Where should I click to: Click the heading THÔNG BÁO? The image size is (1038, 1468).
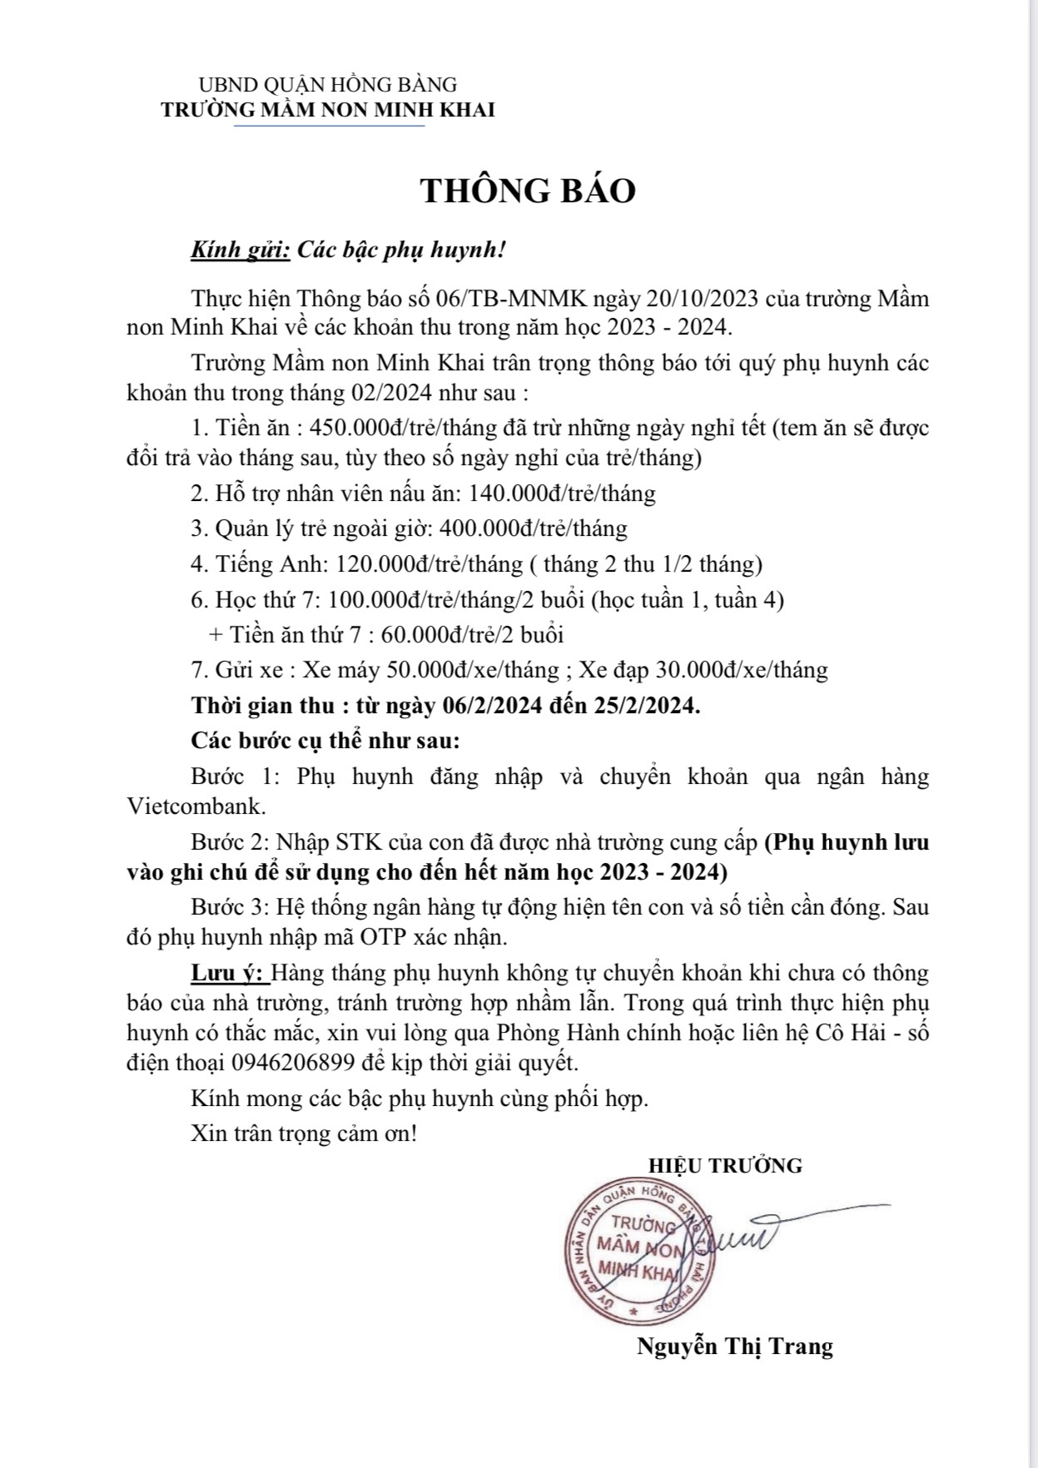(x=528, y=191)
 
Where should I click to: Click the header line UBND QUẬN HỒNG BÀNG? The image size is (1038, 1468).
(x=328, y=85)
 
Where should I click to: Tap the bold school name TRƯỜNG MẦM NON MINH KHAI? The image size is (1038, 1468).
(x=328, y=110)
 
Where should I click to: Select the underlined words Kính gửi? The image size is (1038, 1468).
(x=241, y=250)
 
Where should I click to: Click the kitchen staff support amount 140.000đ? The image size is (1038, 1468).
(x=516, y=493)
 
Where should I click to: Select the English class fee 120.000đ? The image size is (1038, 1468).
(x=384, y=564)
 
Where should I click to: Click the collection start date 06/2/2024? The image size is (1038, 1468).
(x=493, y=706)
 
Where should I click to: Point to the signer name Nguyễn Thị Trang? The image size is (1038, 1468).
(x=735, y=1346)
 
